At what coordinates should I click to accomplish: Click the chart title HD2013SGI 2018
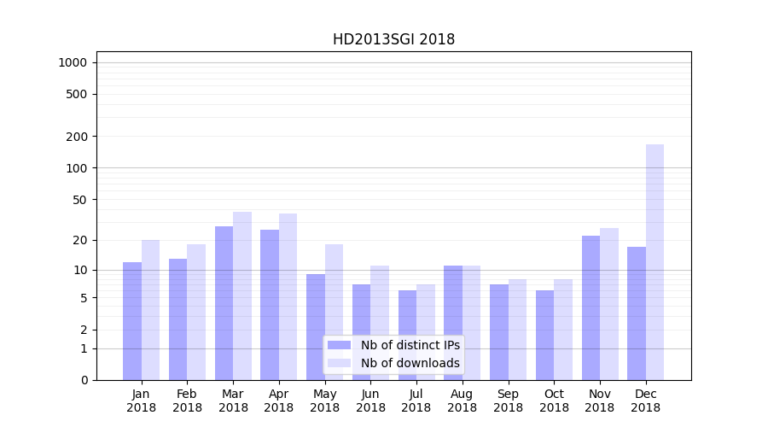pyautogui.click(x=393, y=39)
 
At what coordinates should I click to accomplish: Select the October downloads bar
pyautogui.click(x=563, y=330)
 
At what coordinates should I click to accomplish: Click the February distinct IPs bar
pyautogui.click(x=178, y=319)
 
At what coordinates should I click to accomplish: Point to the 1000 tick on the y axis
pyautogui.click(x=73, y=62)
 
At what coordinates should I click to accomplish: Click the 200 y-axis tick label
pyautogui.click(x=76, y=137)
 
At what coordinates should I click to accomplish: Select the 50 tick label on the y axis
pyautogui.click(x=79, y=200)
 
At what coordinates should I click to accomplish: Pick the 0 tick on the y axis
pyautogui.click(x=84, y=380)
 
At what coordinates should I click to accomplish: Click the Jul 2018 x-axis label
pyautogui.click(x=416, y=401)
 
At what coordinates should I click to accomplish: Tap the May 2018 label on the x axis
pyautogui.click(x=325, y=401)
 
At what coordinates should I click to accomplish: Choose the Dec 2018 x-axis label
pyautogui.click(x=646, y=401)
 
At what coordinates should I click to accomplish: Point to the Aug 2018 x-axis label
pyautogui.click(x=463, y=401)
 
